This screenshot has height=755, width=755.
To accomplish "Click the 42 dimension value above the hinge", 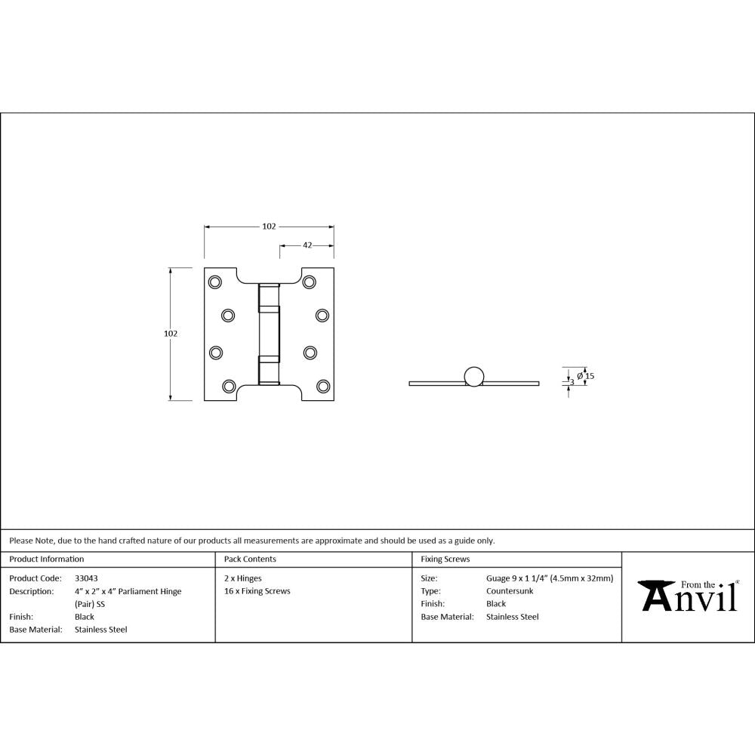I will point(308,245).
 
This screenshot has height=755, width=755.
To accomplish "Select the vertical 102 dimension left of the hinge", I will point(170,333).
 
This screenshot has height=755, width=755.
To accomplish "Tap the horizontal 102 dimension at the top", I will point(269,226).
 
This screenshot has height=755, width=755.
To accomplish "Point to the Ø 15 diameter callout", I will point(586,375).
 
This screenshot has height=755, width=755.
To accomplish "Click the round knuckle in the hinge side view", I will point(474,376).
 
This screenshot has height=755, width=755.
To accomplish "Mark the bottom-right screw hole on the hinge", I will point(323,386).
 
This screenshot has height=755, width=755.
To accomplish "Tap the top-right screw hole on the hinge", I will point(309,282).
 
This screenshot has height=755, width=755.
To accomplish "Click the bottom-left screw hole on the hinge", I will point(230,386).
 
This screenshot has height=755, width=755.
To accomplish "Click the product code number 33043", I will point(86,578).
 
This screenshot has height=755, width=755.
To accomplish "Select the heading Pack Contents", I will point(250,559).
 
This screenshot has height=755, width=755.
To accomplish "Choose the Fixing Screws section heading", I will point(445,559).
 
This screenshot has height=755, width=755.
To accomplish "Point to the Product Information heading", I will point(47,559).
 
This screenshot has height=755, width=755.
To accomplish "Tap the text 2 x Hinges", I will point(243,578).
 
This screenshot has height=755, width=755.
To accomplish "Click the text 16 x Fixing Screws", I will point(257,591).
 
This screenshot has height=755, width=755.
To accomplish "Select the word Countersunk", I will point(510,591).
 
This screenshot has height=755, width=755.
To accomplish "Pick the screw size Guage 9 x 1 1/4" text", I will point(550,578).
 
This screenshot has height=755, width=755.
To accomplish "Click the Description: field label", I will point(31,591).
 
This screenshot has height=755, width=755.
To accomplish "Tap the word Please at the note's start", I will point(21,541).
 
